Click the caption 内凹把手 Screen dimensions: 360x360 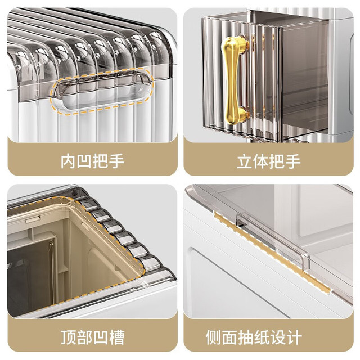92,161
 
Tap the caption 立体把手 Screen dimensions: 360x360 269,161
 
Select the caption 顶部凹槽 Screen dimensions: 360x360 92,337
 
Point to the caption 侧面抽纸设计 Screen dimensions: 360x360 254,337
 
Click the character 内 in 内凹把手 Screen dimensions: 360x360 68,161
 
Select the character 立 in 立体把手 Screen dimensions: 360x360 245,161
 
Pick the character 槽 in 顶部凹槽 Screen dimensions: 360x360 117,337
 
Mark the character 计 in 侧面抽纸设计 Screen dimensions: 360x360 294,337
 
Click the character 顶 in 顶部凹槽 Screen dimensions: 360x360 68,337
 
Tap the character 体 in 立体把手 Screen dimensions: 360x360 260,161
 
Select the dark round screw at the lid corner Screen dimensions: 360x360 74,193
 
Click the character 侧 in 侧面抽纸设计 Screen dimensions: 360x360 214,337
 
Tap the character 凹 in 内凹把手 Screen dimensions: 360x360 84,161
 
